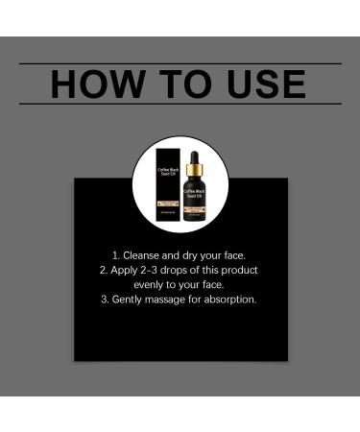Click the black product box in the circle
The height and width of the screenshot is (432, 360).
[x=169, y=181]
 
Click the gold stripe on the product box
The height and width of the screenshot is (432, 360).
[x=169, y=204]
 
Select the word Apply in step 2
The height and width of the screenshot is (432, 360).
[x=126, y=270]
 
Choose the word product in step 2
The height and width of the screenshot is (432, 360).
[x=238, y=270]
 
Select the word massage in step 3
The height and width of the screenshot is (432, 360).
[x=171, y=299]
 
